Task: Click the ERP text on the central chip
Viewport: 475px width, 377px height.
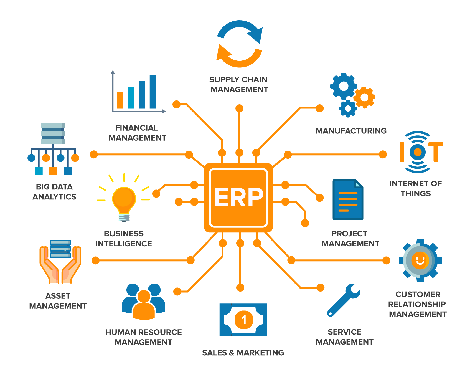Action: (238, 197)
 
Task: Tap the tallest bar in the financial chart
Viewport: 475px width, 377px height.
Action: (153, 92)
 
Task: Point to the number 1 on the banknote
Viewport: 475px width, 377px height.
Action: (244, 320)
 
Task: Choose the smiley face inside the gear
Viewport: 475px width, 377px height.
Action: (420, 260)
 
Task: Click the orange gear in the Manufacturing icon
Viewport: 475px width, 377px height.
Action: (364, 97)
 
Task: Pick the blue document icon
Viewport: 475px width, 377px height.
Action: (348, 199)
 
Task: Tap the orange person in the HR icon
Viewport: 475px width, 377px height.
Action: (144, 305)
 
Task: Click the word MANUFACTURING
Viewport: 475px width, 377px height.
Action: (351, 131)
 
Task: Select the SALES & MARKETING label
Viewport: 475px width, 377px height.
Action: (243, 353)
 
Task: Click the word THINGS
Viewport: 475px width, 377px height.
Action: (416, 194)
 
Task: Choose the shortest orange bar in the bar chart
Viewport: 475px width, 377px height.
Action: (120, 100)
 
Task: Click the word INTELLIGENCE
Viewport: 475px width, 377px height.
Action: (124, 244)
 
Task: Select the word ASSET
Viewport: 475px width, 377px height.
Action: (58, 296)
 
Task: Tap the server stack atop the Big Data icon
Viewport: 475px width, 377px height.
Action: (53, 133)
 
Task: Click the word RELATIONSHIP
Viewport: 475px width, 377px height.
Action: (417, 304)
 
